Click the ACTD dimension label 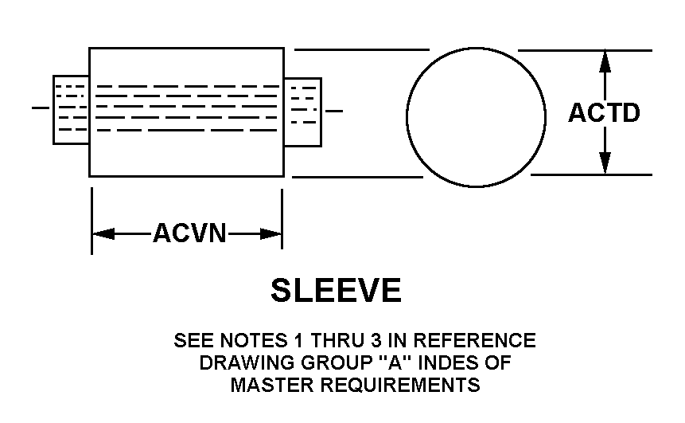[x=604, y=113]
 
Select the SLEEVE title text [x=336, y=290]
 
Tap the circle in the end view [x=475, y=116]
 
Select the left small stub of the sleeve [x=70, y=110]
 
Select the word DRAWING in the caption [x=236, y=363]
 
